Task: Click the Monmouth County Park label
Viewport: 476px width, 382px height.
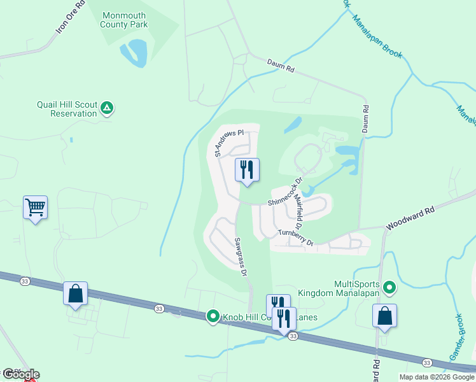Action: click(123, 20)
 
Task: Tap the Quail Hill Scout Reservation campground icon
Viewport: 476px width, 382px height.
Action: click(108, 109)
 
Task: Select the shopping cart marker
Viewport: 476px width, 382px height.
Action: click(35, 207)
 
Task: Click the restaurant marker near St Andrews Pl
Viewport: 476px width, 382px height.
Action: click(247, 170)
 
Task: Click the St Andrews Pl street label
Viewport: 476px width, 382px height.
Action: click(229, 143)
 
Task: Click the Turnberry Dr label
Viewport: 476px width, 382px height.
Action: click(296, 238)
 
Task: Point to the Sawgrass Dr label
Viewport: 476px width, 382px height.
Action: click(239, 257)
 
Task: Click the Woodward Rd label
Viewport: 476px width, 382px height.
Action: click(410, 218)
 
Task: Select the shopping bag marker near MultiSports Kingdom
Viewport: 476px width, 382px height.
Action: click(384, 315)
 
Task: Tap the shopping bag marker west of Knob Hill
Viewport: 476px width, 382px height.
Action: click(75, 294)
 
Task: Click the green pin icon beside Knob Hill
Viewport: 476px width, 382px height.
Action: click(213, 316)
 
